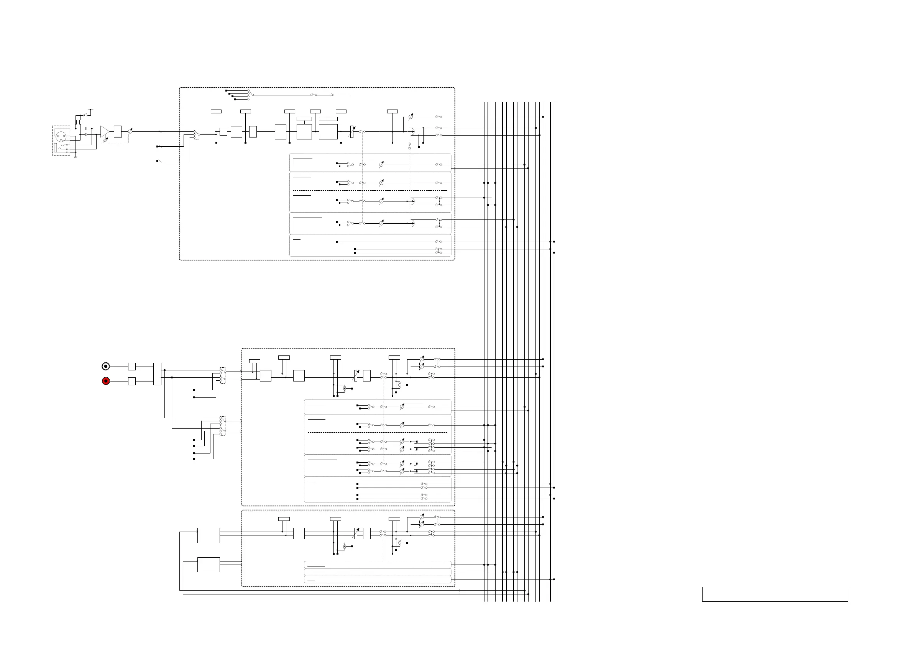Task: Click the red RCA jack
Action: (106, 381)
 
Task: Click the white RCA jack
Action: (106, 367)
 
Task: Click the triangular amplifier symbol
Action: (105, 131)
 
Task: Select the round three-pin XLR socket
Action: (61, 136)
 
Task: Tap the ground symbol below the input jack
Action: (75, 157)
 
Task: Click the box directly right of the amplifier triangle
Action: (118, 131)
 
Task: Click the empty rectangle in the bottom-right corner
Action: (775, 594)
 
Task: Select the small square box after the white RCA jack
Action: (132, 367)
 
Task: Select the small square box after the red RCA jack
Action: (132, 381)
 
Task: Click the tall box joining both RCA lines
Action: (157, 374)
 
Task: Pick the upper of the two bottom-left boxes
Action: (209, 535)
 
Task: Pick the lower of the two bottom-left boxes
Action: (209, 565)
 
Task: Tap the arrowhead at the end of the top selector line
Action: (332, 95)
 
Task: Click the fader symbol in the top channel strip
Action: (352, 131)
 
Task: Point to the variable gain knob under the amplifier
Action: (105, 140)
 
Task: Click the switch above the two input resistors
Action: (85, 115)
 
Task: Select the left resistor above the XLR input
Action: (76, 122)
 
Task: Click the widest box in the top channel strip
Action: (328, 132)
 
